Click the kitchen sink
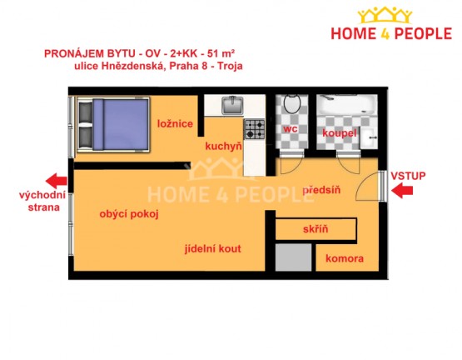coord(232,105)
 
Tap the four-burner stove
coord(254,129)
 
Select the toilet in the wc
coord(292,103)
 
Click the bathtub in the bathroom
coord(347,105)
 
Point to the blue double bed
coord(113,124)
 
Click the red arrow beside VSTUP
coord(402,191)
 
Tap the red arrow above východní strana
coord(57,181)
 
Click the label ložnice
coord(175,123)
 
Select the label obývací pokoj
coord(129,214)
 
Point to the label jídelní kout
coord(213,249)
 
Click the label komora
coord(345,259)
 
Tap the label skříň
coord(315,229)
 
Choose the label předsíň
coord(321,190)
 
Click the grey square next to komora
coord(294,257)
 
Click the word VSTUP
coord(408,176)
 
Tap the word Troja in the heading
coord(230,66)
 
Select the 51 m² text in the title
coord(221,53)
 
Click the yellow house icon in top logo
coord(385,15)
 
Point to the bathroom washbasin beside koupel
coord(369,138)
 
